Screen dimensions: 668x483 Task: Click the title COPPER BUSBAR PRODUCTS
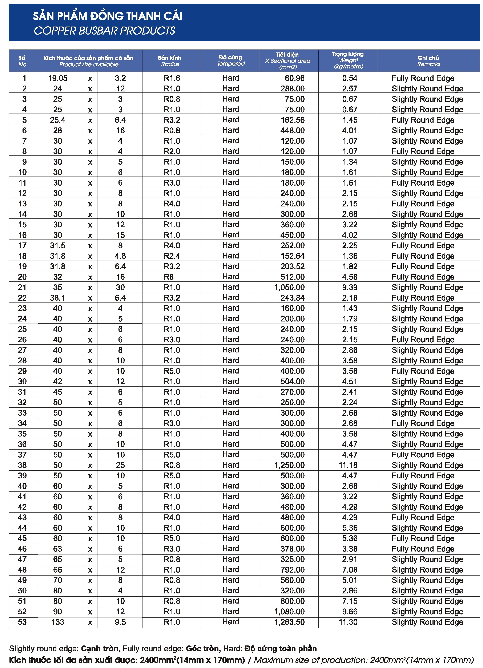coord(104,31)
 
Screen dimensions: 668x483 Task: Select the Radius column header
coord(170,61)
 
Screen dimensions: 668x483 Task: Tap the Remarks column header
coord(428,61)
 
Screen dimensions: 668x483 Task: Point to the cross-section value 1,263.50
coord(289,622)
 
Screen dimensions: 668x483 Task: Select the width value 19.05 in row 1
coord(58,78)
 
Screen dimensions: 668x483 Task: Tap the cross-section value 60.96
coord(295,78)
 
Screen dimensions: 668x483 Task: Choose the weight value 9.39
coord(350,287)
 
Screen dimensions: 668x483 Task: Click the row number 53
coord(22,622)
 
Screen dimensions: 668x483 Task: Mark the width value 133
coord(58,622)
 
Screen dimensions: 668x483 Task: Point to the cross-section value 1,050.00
coord(289,287)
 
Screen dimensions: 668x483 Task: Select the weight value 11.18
coord(348,465)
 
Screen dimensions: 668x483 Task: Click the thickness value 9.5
coord(120,622)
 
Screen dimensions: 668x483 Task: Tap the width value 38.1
coord(57,298)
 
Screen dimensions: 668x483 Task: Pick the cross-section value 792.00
coord(292,570)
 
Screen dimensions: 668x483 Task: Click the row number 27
coord(22,350)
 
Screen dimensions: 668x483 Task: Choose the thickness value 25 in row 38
coord(120,465)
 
